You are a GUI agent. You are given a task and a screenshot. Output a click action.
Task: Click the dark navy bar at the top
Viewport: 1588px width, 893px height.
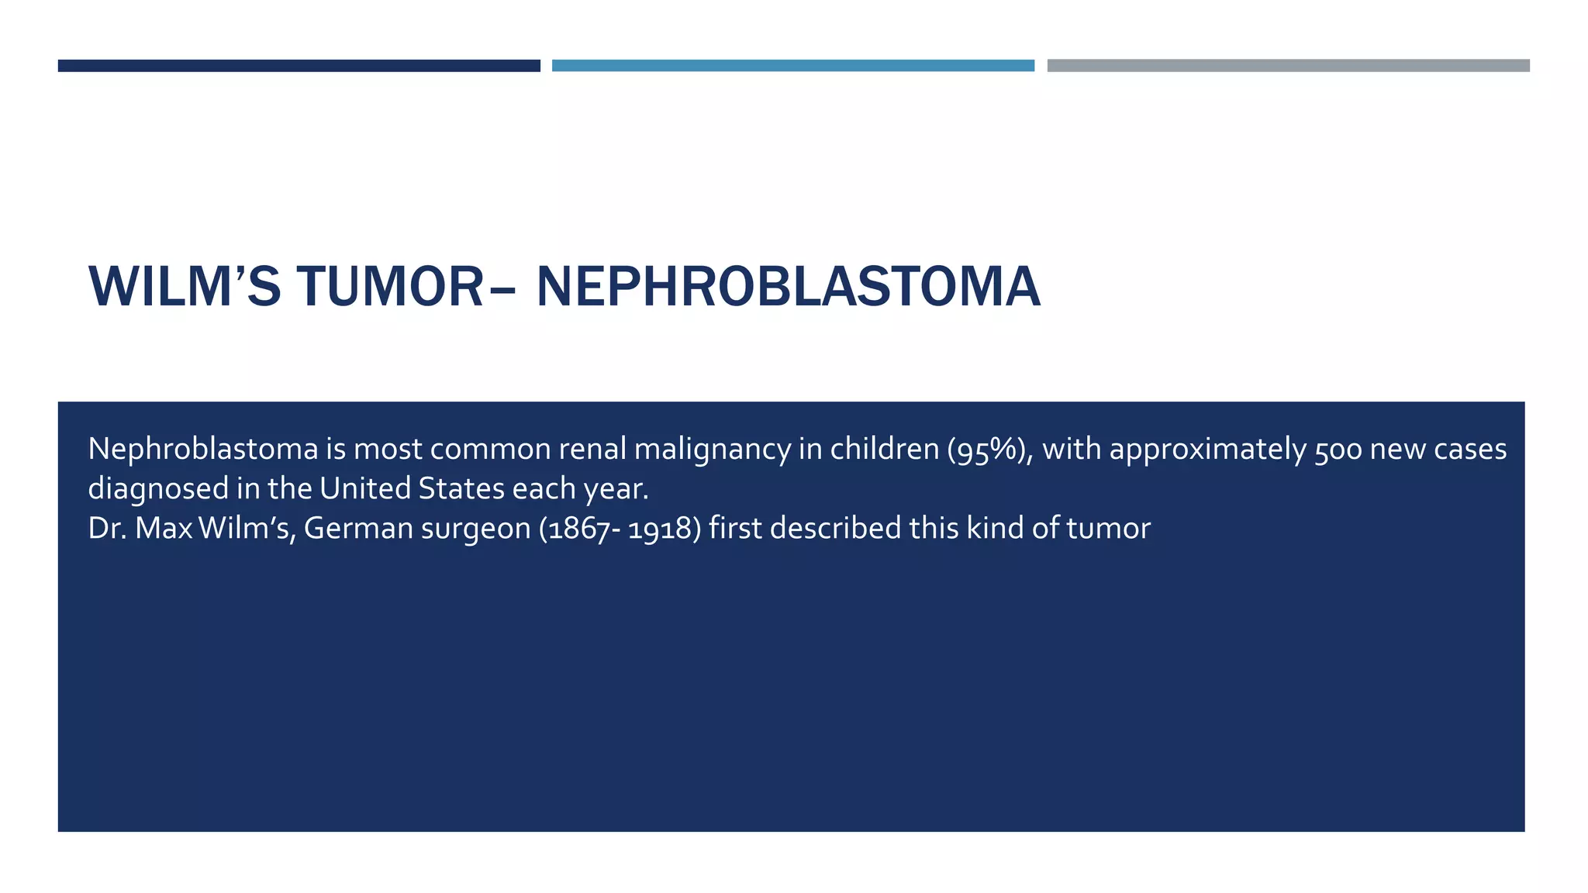[x=299, y=66]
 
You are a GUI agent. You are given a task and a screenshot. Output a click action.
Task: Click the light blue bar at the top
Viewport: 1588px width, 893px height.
[x=792, y=66]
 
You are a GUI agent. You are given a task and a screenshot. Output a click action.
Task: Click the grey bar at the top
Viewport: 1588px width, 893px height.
[x=1288, y=66]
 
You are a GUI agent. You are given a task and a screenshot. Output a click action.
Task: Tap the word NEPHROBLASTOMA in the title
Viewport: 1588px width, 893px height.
[x=788, y=288]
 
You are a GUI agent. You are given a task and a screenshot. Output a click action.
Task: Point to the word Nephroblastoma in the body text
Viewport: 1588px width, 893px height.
[x=203, y=450]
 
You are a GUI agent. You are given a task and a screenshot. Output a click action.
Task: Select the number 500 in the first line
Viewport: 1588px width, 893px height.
[x=1338, y=450]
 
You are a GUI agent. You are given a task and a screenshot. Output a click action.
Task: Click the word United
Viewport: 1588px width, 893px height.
[x=365, y=488]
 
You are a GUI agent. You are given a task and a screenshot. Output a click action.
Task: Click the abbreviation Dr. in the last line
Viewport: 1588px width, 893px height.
[x=107, y=529]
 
